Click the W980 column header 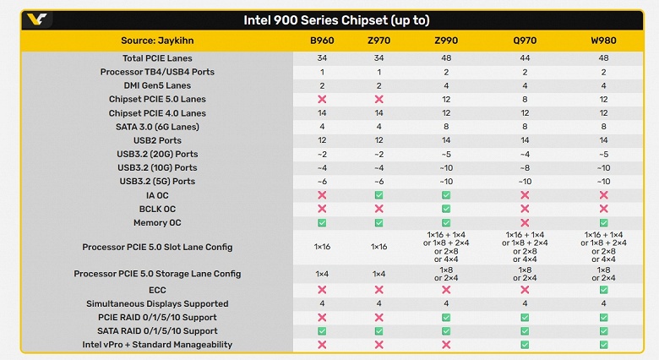tap(603, 41)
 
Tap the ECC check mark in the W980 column tap(603, 290)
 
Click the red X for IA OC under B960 tap(321, 195)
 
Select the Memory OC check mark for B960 tap(321, 223)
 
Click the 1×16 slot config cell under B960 tap(321, 247)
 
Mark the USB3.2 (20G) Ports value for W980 tap(603, 154)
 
